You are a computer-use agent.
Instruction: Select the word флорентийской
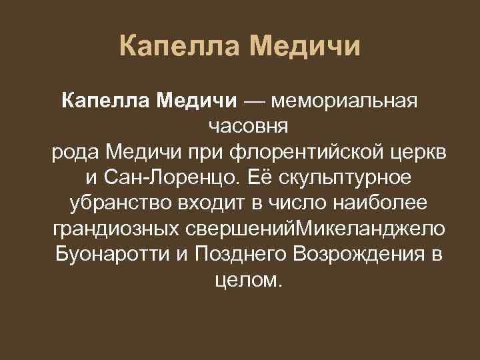click(x=306, y=152)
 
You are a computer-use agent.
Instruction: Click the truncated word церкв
click(x=419, y=152)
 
